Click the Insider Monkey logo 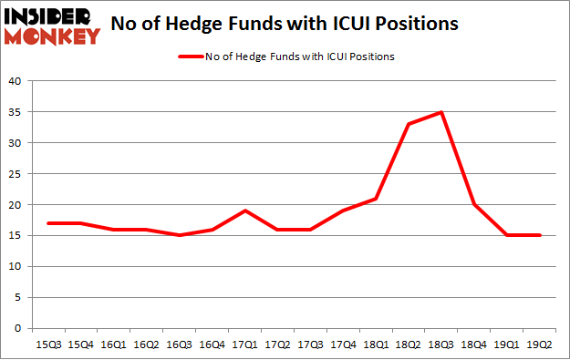(52, 25)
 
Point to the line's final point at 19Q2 (541, 235)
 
